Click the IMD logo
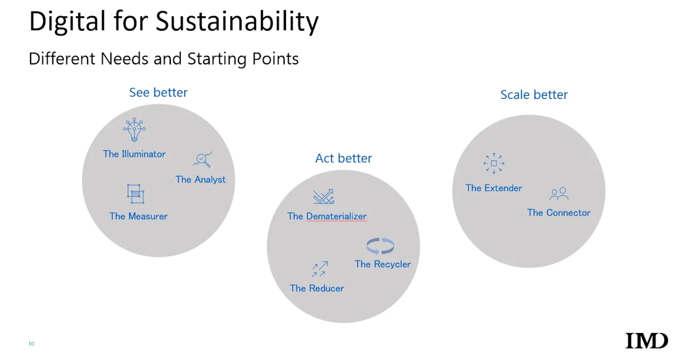click(x=647, y=341)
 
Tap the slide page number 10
click(x=31, y=344)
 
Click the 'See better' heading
click(x=158, y=93)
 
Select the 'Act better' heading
click(x=343, y=158)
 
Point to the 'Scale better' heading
click(x=534, y=95)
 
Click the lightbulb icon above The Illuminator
click(x=135, y=130)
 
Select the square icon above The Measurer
click(x=136, y=194)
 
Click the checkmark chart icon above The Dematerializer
click(x=324, y=197)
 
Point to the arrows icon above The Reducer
click(x=319, y=269)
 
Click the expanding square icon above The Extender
click(x=494, y=163)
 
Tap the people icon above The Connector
click(x=559, y=193)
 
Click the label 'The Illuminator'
click(x=135, y=154)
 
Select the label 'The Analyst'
click(x=200, y=179)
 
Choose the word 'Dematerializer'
click(x=336, y=217)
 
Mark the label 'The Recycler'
click(x=382, y=264)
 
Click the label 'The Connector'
click(x=559, y=213)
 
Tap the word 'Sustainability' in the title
click(x=237, y=22)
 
